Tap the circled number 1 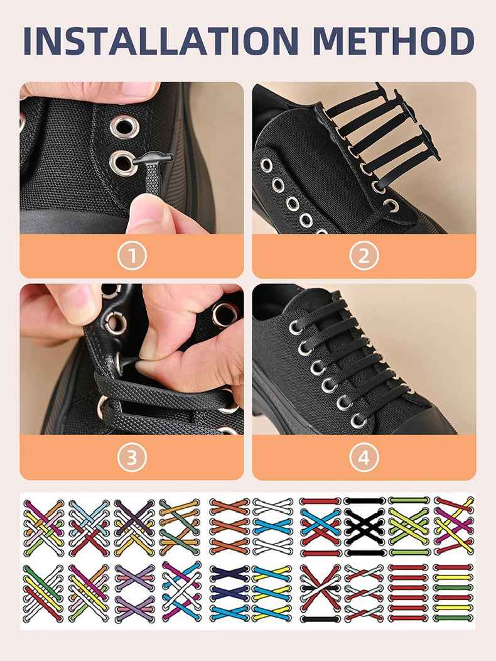(x=132, y=256)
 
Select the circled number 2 (x=364, y=256)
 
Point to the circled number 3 (x=132, y=457)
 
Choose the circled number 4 (x=364, y=457)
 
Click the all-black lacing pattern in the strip (x=364, y=527)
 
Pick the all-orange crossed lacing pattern (x=229, y=527)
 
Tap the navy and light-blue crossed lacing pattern (x=229, y=593)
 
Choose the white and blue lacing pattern (x=273, y=527)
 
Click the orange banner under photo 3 (x=132, y=457)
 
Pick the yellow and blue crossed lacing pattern (x=273, y=593)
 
